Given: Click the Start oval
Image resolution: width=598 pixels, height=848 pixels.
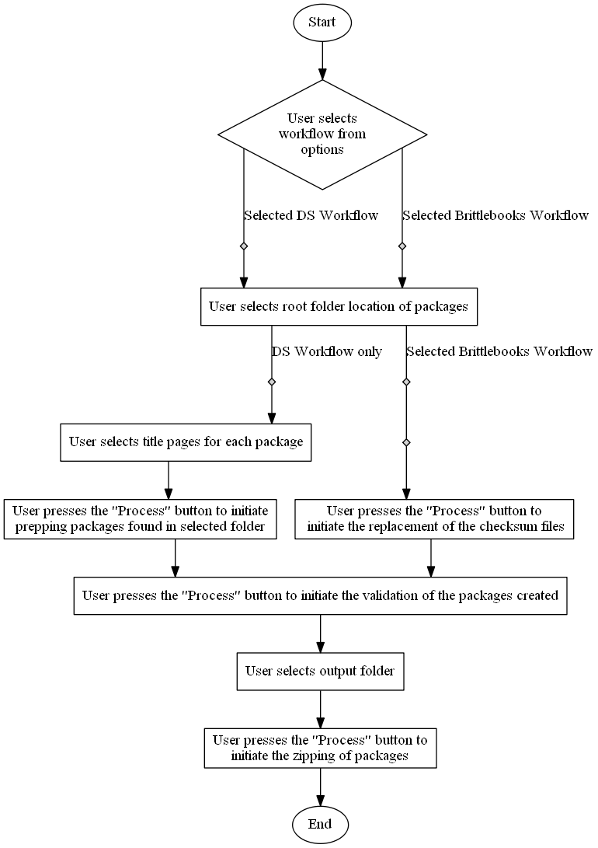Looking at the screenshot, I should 322,22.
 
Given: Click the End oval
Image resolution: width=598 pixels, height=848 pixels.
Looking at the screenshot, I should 320,824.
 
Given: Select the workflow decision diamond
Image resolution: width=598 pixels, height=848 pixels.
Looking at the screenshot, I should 322,134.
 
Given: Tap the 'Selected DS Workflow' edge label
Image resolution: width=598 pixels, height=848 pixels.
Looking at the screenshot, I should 311,215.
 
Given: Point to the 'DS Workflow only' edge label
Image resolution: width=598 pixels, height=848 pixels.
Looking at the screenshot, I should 327,351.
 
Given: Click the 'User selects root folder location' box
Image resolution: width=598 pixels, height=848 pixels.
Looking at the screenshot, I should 338,306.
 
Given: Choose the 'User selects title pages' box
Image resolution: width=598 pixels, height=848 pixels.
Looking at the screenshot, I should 186,442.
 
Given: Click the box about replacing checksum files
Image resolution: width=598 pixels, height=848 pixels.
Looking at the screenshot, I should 434,518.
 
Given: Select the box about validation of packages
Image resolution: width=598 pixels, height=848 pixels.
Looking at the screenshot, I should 320,596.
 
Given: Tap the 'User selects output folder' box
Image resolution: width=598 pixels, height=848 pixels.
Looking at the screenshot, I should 320,671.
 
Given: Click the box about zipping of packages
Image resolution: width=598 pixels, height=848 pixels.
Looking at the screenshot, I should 320,747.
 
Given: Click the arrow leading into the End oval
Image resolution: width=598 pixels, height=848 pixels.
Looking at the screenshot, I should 320,786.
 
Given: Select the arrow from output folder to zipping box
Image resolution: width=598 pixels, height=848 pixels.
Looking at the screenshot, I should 320,708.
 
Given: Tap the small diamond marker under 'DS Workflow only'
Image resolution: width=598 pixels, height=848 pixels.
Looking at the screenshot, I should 272,382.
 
